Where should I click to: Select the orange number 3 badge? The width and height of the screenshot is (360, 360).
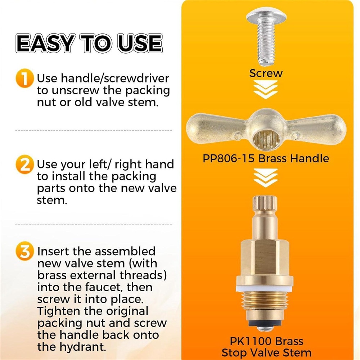click(25, 252)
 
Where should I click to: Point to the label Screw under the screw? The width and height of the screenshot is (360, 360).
click(266, 73)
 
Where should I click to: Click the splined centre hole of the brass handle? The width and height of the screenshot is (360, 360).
click(266, 139)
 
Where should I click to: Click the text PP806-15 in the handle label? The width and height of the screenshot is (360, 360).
click(229, 159)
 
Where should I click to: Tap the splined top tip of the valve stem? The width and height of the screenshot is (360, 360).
click(265, 203)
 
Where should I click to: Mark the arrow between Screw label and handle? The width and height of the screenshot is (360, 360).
click(266, 90)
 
